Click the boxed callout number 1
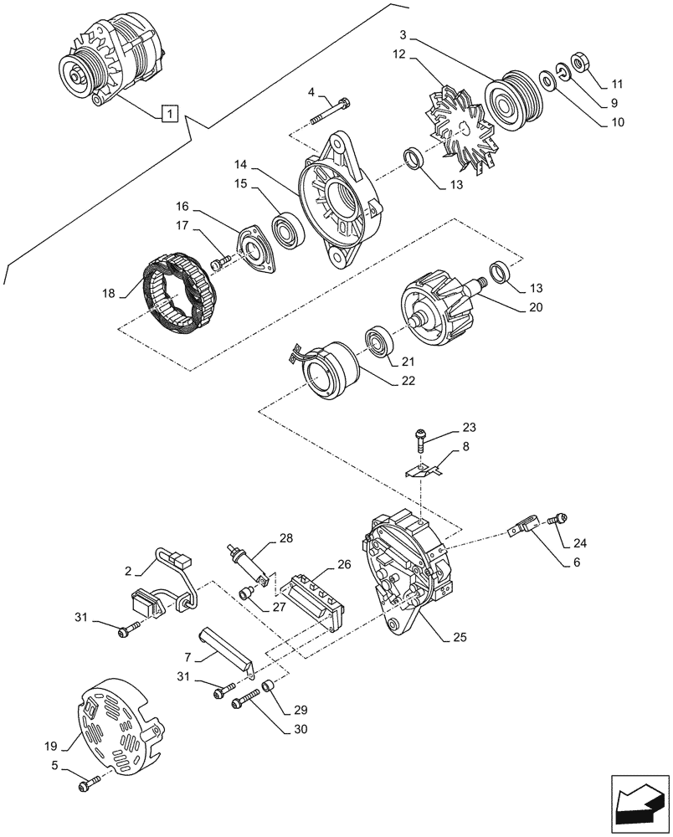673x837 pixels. (169, 111)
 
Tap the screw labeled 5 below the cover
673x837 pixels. (88, 784)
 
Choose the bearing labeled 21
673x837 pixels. (382, 344)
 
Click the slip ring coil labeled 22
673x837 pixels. (328, 371)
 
